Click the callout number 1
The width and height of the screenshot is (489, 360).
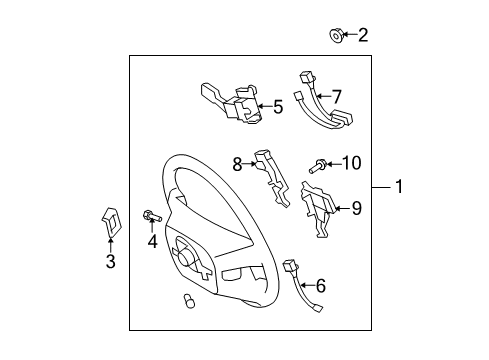[x=399, y=187]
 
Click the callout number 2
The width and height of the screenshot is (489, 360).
[x=363, y=36]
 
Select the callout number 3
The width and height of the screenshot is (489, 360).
[x=110, y=263]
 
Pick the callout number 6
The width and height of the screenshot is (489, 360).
[x=321, y=286]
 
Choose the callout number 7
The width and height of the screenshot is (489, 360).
[x=337, y=96]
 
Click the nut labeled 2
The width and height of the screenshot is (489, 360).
[x=336, y=37]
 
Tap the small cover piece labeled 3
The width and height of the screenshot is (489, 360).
[x=111, y=223]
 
